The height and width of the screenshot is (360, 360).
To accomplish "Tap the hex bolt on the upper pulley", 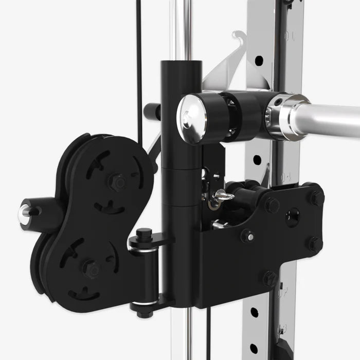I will click(x=117, y=182).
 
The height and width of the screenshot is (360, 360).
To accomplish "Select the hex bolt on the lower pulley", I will click(x=92, y=268).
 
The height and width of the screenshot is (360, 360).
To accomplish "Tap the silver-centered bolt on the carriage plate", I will click(x=248, y=236).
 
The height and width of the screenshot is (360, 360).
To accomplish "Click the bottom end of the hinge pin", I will click(x=143, y=312).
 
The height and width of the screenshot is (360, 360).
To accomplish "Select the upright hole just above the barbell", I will click(x=259, y=61).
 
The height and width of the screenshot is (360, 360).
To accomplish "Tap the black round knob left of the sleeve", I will click(x=150, y=111).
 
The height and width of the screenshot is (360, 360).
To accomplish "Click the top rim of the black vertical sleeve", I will click(x=181, y=64).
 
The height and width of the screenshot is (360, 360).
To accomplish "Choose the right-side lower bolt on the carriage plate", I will click(x=315, y=244).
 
